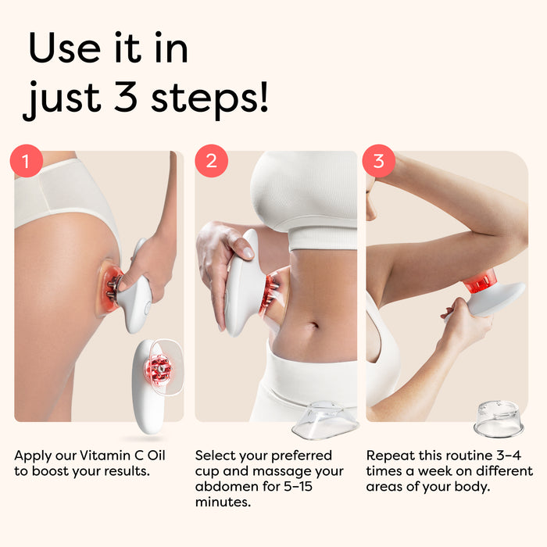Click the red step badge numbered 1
coord(27,161)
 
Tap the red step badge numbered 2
coord(212,161)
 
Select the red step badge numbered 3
coord(379,161)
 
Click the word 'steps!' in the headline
coord(209,98)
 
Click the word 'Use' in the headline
coord(65,48)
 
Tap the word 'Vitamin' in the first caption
coord(105,456)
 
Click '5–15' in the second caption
coord(298,486)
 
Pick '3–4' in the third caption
coord(509,456)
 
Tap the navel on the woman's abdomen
coord(313,326)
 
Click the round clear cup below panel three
coord(499,419)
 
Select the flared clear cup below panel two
coord(326,420)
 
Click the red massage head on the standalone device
coord(158,369)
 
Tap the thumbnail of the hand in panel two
coord(247,252)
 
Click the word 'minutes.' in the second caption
coord(223,502)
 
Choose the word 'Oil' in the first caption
coord(156,456)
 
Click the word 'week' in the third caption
coord(434,471)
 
